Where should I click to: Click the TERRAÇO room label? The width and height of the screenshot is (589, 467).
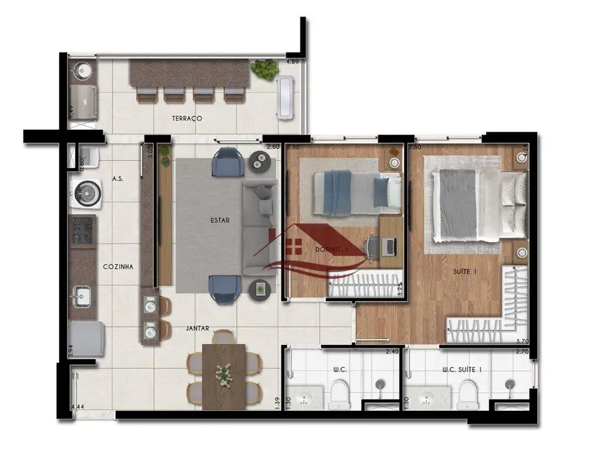186,117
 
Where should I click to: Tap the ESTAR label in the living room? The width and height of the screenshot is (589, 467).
220,221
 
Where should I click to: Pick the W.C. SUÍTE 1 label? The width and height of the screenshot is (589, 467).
462,371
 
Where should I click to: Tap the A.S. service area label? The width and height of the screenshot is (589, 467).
118,177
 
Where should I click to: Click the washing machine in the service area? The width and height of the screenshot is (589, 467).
86,193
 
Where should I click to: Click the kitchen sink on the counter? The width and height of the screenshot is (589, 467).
82,296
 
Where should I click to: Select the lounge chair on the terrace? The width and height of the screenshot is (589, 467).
286,96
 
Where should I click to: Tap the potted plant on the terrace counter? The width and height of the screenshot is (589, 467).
264,70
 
